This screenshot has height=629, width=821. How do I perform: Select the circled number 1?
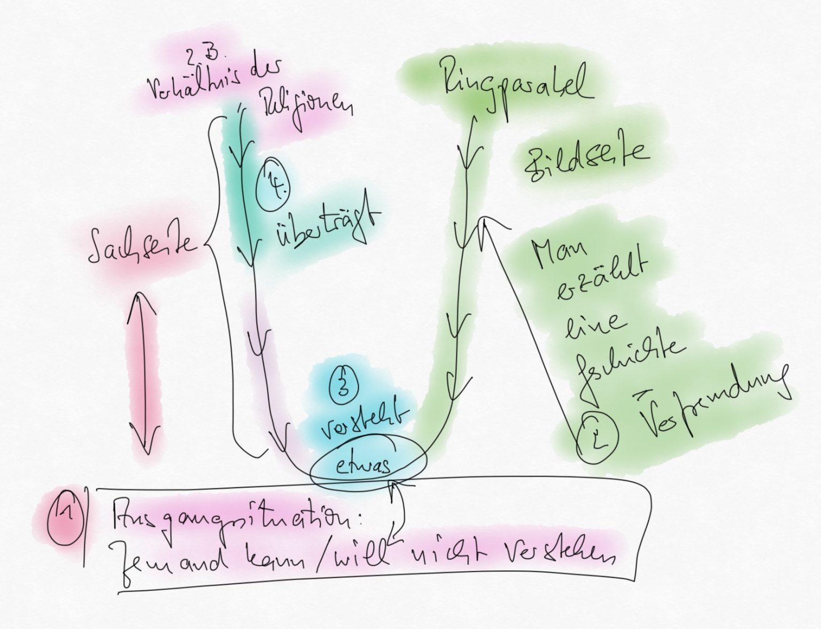coord(64,515)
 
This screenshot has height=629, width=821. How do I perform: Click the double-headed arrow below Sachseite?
coord(143,363)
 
